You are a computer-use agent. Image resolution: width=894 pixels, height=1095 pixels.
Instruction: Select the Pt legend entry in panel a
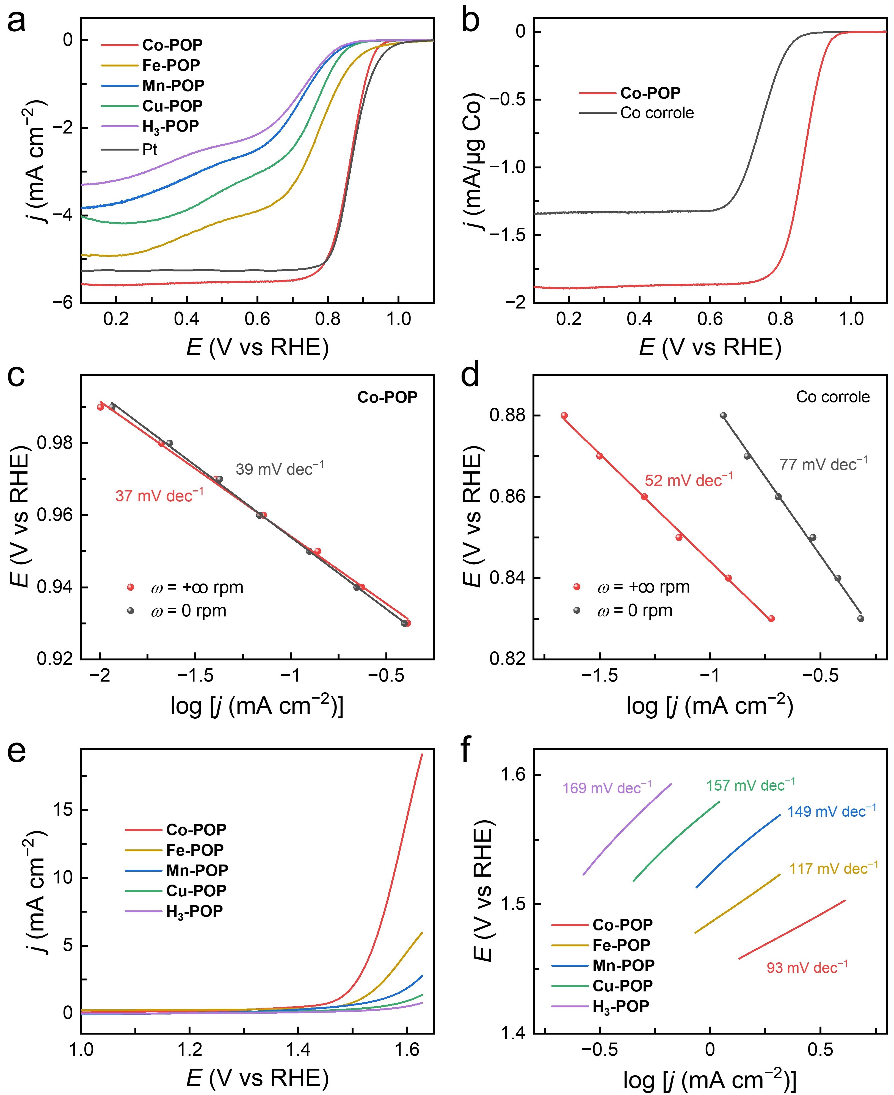click(x=149, y=150)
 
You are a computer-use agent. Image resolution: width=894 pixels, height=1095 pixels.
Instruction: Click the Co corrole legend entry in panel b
click(x=656, y=113)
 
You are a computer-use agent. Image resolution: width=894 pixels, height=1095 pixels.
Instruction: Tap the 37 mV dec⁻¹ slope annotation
click(x=159, y=495)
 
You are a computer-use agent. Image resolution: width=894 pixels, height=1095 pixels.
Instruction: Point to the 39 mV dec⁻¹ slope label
click(x=280, y=468)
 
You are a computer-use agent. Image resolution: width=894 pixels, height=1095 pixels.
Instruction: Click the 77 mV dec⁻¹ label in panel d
click(x=823, y=464)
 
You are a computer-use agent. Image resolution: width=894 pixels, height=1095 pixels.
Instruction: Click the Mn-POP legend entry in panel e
click(x=197, y=870)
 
